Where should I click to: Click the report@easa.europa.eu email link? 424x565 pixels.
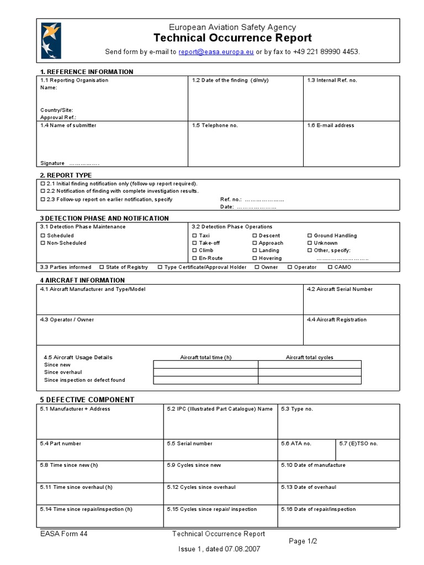pos(216,52)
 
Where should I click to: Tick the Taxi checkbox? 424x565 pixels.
pos(194,236)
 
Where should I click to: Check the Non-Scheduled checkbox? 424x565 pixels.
pos(43,243)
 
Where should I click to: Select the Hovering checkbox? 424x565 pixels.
pos(255,258)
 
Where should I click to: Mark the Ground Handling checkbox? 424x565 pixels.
pos(309,236)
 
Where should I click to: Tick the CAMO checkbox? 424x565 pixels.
pos(330,268)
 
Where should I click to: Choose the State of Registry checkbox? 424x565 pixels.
pos(102,268)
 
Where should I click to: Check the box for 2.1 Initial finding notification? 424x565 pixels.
pos(43,183)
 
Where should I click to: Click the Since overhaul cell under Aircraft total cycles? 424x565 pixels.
pos(309,372)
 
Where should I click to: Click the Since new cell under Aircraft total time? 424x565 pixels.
pos(205,365)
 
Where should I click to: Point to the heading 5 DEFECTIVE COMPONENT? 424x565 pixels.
pos(87,399)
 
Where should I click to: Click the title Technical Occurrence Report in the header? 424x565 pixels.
pos(232,38)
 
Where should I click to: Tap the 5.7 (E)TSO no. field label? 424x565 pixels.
pos(358,444)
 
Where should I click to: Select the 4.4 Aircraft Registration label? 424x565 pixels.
pos(336,320)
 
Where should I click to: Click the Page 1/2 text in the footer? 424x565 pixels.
pos(303,541)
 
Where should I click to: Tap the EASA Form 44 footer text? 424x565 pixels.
pos(63,534)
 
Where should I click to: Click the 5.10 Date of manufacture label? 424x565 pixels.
pos(313,465)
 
